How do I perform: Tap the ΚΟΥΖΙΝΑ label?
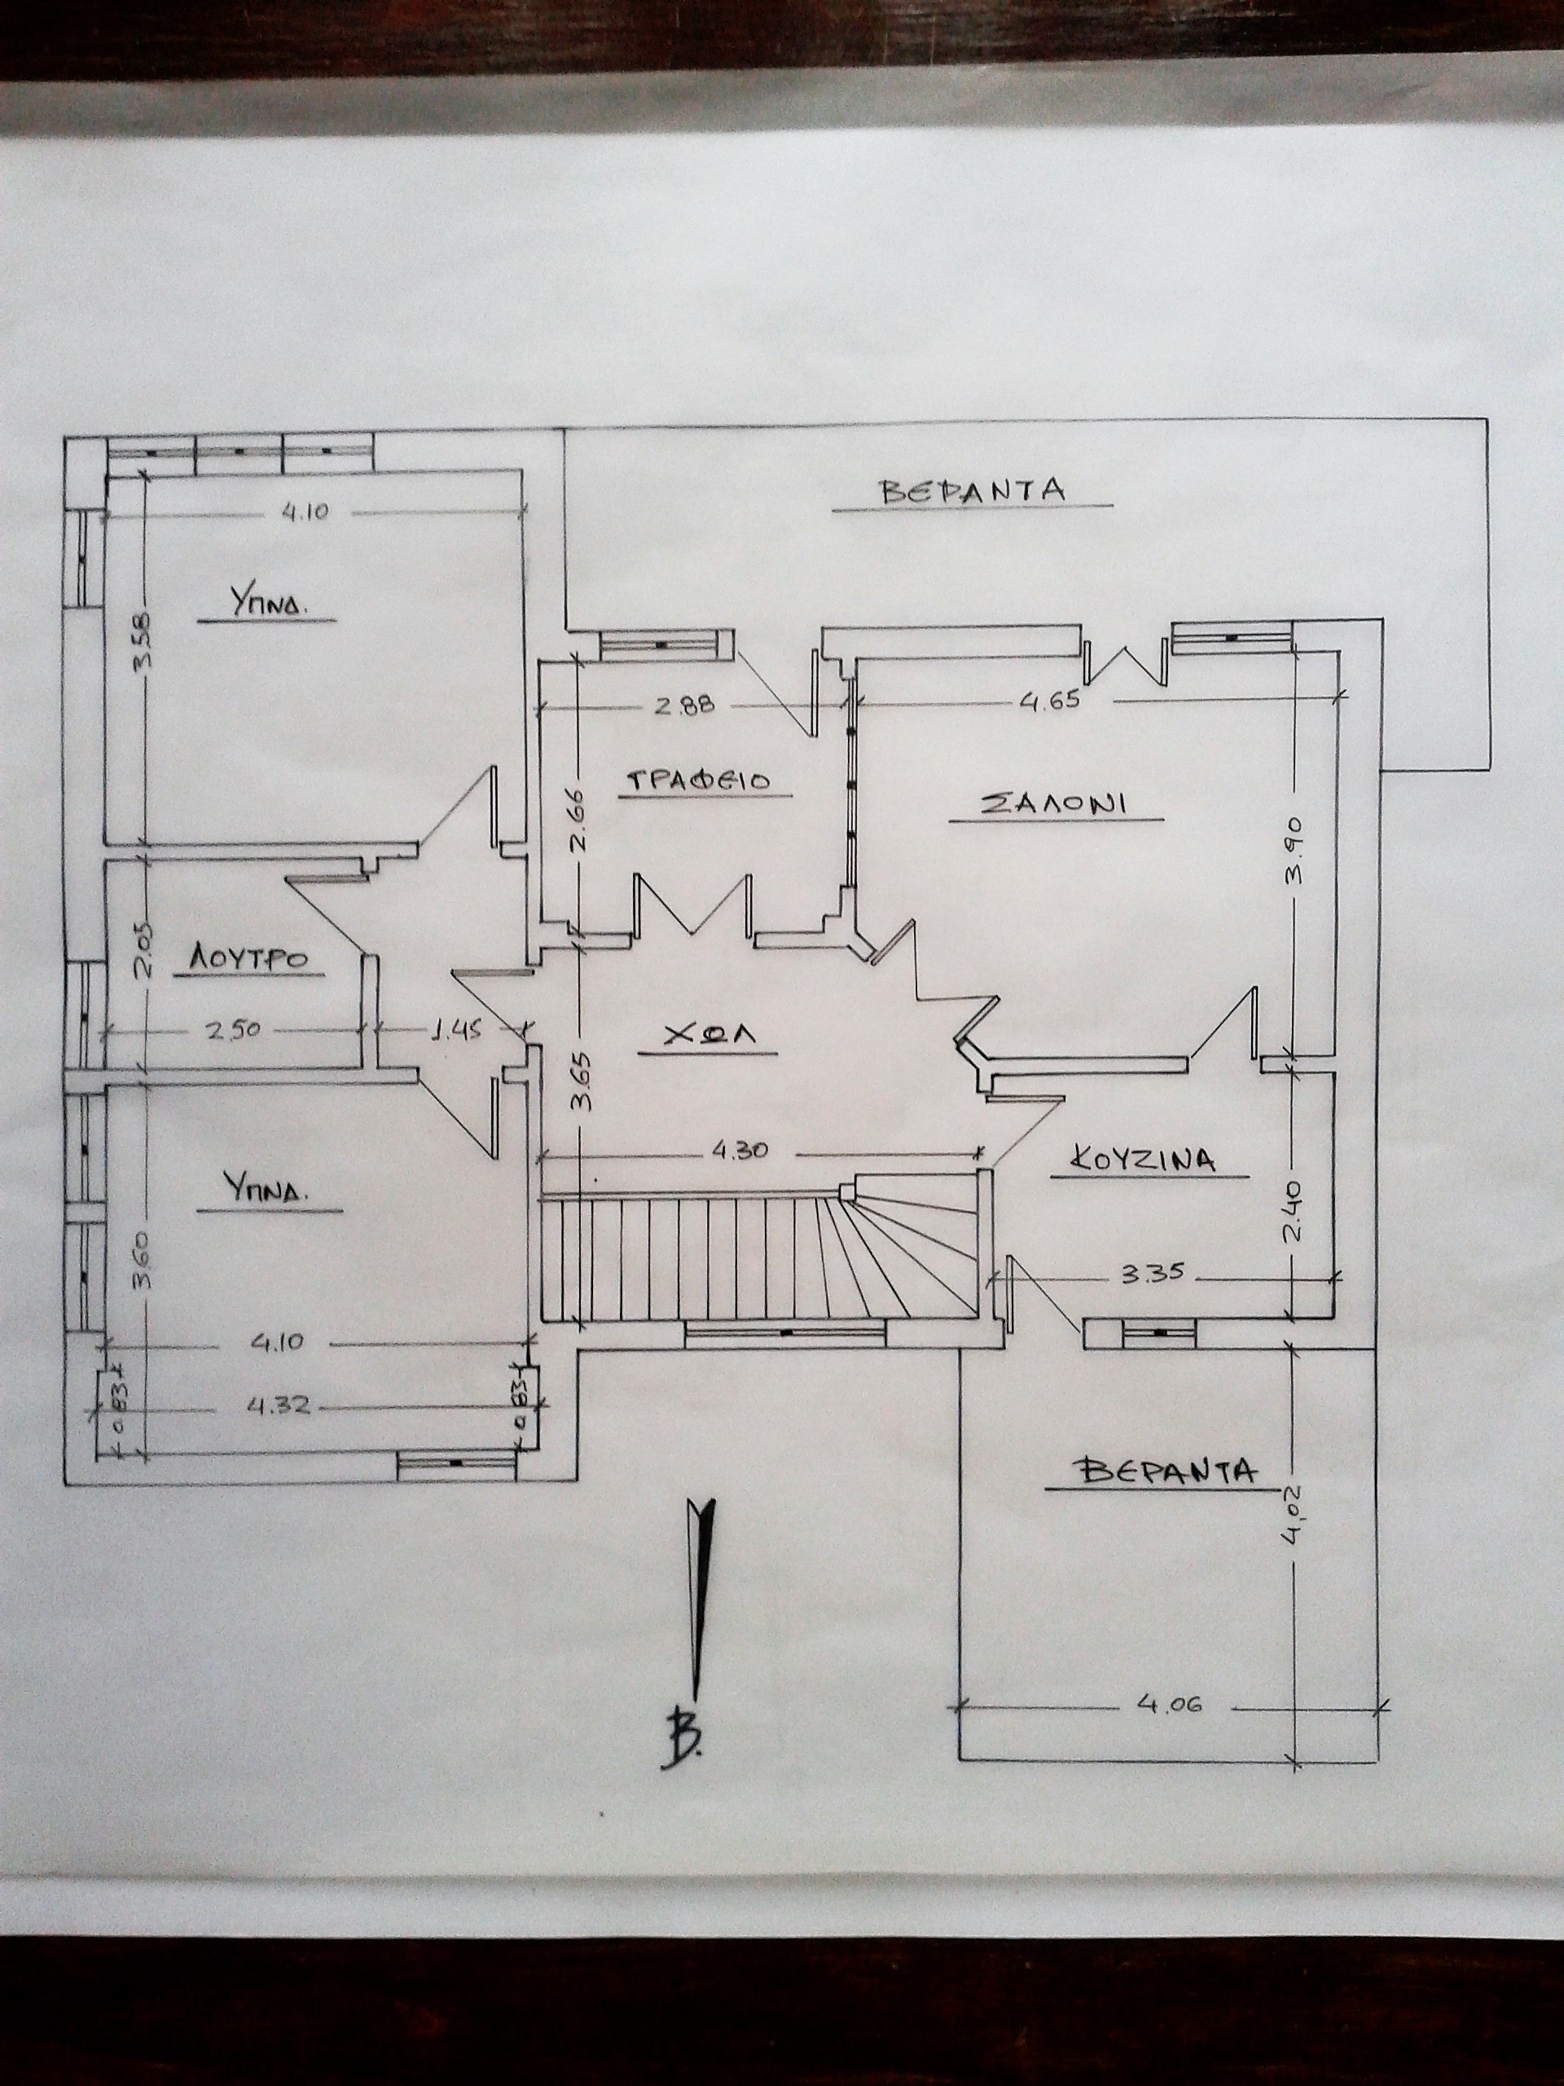[x=1145, y=1160]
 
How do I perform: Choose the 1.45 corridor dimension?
[x=457, y=1031]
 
